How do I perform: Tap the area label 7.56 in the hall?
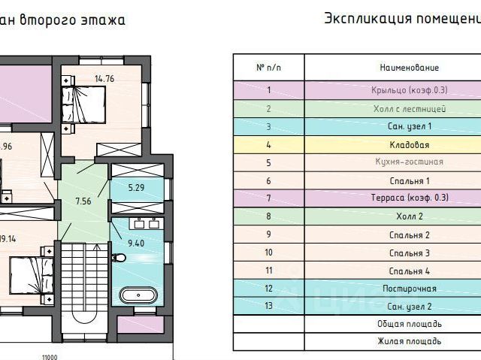83,201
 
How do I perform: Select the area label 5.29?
135,187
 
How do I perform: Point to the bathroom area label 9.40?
135,243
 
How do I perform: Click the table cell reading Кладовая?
410,144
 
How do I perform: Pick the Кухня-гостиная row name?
410,162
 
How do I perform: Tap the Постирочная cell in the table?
410,288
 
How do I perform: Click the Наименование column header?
410,68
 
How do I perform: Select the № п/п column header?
268,68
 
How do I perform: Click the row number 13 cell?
268,306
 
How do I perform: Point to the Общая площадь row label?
410,324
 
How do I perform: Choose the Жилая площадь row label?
410,342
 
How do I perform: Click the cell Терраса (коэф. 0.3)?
410,198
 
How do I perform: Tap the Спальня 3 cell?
410,252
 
